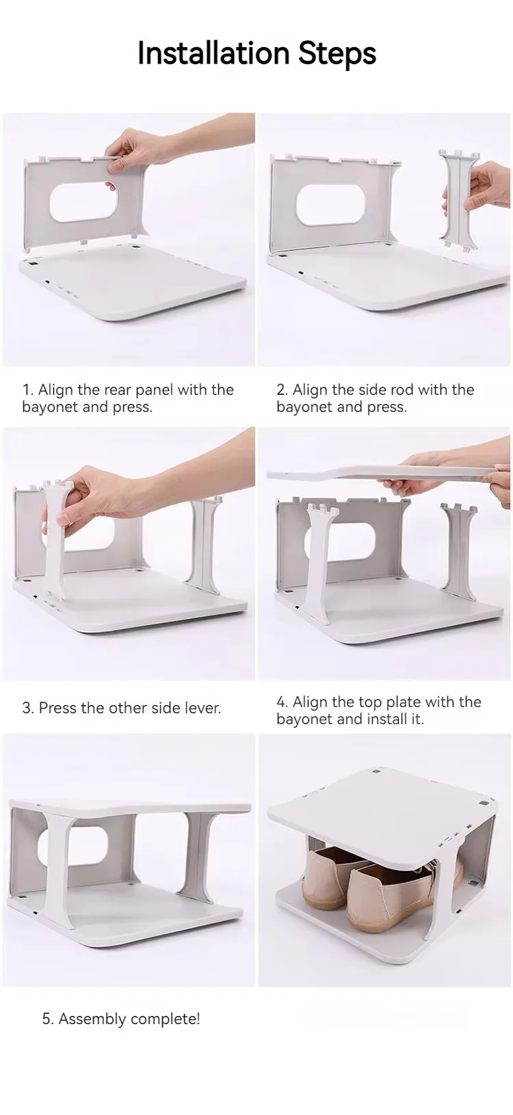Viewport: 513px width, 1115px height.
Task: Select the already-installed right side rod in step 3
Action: (202, 540)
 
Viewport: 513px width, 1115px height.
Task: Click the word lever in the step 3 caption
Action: (201, 708)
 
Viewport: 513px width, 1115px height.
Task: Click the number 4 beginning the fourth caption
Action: (280, 702)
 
